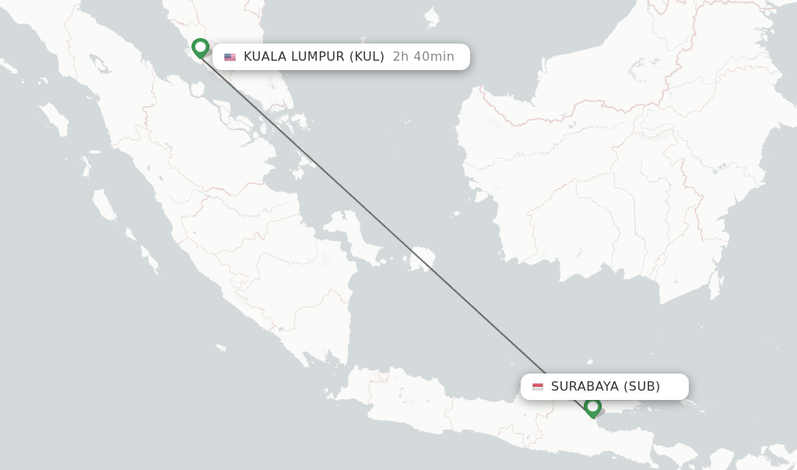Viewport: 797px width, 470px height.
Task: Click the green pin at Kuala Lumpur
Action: point(200,47)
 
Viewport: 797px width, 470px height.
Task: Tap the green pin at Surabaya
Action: point(592,406)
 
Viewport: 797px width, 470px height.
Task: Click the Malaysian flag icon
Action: point(230,57)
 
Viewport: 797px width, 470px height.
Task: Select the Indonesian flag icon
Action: point(538,387)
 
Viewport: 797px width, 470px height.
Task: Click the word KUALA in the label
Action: point(265,57)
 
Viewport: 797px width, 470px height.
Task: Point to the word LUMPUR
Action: point(318,57)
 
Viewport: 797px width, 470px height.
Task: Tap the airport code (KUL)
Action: point(367,57)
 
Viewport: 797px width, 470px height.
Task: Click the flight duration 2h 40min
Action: point(423,57)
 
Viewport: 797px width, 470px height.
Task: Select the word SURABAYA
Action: point(585,387)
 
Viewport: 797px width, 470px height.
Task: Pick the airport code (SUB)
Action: point(642,387)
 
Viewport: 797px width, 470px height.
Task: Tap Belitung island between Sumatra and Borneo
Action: point(421,259)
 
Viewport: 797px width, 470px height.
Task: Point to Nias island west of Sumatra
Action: point(53,118)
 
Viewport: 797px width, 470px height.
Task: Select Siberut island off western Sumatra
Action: point(104,205)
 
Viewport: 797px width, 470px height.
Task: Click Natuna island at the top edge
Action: point(430,16)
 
